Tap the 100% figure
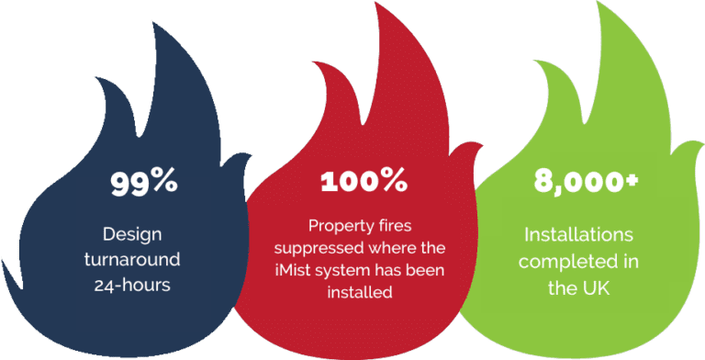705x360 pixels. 364,181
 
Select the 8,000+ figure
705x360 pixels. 579,181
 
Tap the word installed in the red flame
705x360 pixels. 364,292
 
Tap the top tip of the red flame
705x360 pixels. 367,5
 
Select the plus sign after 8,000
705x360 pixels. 632,178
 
